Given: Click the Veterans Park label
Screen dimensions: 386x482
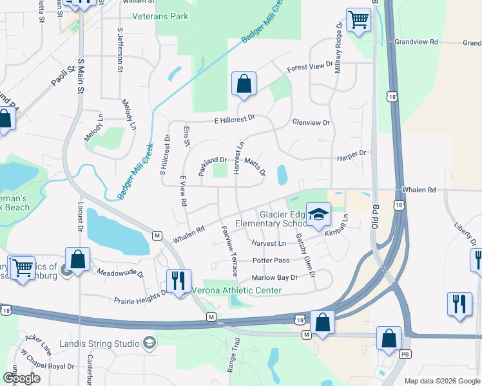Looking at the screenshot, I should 160,16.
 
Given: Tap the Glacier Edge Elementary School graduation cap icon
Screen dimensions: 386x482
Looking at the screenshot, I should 317,214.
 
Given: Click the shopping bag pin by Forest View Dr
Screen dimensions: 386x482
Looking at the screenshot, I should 244,84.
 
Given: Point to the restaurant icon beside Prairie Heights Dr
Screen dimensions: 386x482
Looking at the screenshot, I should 178,281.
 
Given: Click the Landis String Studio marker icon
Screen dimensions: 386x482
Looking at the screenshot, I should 150,342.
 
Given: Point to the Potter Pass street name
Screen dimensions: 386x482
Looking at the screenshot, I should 271,261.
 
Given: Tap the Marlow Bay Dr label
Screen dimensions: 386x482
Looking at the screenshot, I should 275,277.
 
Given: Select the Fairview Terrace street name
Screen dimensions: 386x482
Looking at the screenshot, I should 229,251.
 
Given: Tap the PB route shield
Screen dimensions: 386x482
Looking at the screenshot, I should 405,354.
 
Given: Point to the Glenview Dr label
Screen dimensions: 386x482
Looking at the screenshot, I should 311,122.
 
